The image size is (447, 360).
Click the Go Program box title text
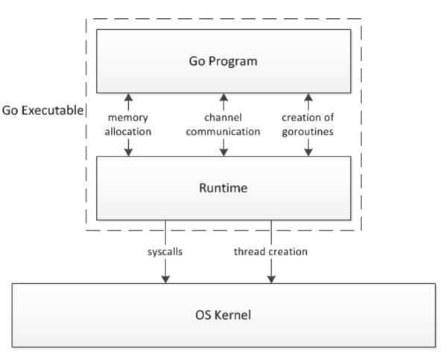223,61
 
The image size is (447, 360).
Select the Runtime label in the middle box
223,188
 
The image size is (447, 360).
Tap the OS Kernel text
223,315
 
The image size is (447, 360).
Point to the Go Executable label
42,110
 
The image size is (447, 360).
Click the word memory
128,118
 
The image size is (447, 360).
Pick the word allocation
128,131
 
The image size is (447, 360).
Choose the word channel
223,117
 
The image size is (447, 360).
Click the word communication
223,131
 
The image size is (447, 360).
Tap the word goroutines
308,132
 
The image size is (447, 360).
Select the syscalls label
165,252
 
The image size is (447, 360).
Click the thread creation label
271,252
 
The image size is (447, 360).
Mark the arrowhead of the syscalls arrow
165,280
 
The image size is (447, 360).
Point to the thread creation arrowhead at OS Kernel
271,280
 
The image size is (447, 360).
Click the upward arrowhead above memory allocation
129,98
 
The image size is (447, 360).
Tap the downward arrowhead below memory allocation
129,152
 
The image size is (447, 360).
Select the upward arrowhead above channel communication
223,98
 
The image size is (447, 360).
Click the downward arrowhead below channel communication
223,152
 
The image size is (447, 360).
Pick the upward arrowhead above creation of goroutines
308,98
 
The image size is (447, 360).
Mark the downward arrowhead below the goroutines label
308,152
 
